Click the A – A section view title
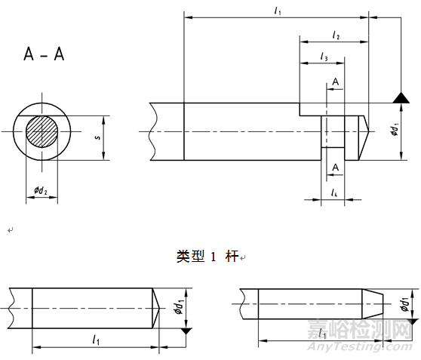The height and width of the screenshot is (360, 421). tap(44, 54)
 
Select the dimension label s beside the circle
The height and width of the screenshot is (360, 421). tap(97, 138)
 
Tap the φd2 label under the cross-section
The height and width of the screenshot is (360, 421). tap(41, 192)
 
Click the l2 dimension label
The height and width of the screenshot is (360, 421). tap(336, 35)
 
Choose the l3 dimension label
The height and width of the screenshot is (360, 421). tap(324, 57)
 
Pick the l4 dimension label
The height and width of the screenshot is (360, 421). tap(333, 193)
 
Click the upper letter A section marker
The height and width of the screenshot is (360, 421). tap(334, 81)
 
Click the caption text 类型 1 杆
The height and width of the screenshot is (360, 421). tap(207, 257)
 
